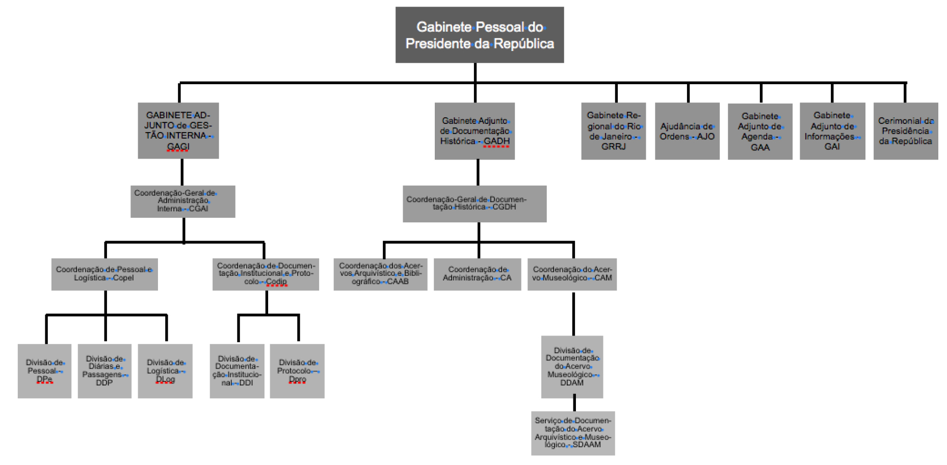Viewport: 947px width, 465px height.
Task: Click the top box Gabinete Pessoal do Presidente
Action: tap(479, 35)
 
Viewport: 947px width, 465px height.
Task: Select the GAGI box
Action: tap(178, 131)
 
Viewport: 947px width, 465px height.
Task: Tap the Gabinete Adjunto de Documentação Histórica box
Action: tap(475, 131)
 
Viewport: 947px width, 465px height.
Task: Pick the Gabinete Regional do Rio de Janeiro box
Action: tap(613, 131)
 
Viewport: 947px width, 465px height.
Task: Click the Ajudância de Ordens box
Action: tap(687, 131)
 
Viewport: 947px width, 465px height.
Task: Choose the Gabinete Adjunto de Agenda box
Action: tap(759, 132)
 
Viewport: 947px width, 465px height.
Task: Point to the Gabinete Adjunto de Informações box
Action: tap(832, 131)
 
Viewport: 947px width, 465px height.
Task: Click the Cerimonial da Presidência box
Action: tap(905, 131)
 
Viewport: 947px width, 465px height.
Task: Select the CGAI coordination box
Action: tap(182, 201)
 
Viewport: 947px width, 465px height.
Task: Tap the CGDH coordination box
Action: tap(474, 203)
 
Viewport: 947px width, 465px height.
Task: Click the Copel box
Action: tap(104, 274)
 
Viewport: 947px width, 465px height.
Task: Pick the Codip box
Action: tap(265, 274)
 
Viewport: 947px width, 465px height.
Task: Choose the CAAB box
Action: tap(380, 274)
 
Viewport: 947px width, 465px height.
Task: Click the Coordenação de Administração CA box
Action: tap(477, 274)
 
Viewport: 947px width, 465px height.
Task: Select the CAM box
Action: tap(571, 274)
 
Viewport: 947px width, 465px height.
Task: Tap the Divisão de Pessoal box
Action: tap(44, 371)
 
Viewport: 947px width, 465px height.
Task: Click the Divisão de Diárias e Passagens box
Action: tap(104, 371)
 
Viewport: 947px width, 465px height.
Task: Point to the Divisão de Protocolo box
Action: tap(297, 371)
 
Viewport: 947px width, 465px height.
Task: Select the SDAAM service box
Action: tap(572, 433)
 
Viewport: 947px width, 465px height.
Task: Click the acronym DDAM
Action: tap(572, 383)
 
